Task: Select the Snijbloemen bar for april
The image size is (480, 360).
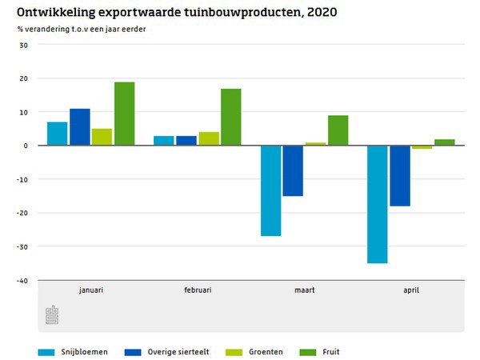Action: pyautogui.click(x=377, y=204)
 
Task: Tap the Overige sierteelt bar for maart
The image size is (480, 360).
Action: pyautogui.click(x=293, y=170)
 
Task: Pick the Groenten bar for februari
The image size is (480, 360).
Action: pyautogui.click(x=209, y=138)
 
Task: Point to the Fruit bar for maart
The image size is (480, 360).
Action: pyautogui.click(x=338, y=130)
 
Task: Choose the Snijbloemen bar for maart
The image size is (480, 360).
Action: pyautogui.click(x=270, y=190)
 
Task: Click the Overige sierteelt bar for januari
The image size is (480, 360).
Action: pyautogui.click(x=79, y=127)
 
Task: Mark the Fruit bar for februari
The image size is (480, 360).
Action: pyautogui.click(x=231, y=117)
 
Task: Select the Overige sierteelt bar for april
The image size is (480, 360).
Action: pyautogui.click(x=400, y=176)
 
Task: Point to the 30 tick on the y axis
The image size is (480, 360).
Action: pyautogui.click(x=23, y=45)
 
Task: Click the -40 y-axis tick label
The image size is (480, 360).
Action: pyautogui.click(x=22, y=280)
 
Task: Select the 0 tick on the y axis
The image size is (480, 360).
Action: pyautogui.click(x=26, y=146)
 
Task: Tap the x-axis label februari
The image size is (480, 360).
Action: pyautogui.click(x=198, y=290)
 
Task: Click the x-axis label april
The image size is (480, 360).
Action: pyautogui.click(x=410, y=290)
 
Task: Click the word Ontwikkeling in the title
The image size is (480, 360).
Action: pyautogui.click(x=60, y=13)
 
